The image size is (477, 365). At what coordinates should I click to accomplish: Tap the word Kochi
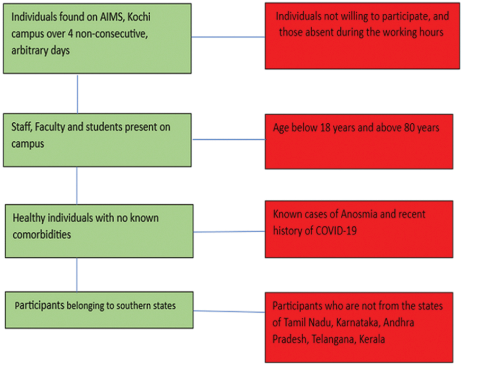(139, 17)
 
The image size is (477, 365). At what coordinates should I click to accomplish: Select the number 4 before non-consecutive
(70, 34)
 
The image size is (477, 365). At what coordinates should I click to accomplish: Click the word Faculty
(50, 127)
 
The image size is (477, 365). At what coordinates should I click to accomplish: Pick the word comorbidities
(42, 235)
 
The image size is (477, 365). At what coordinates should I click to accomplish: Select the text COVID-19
(336, 231)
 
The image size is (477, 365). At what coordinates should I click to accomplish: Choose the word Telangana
(333, 339)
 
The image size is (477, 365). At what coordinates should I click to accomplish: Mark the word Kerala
(372, 339)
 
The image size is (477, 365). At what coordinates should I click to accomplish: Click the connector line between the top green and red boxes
(228, 37)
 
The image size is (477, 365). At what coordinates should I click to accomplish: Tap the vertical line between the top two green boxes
(78, 95)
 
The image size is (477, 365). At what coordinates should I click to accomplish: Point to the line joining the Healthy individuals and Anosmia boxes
(229, 232)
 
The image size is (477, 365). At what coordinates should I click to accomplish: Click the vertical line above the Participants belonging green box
(77, 275)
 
